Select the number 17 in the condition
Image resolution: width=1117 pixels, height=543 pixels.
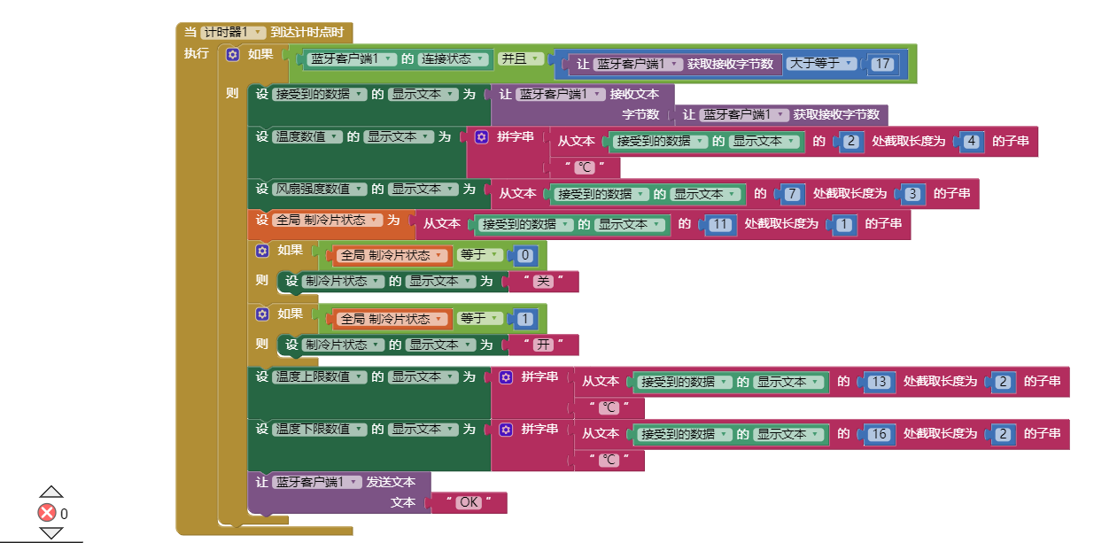881,64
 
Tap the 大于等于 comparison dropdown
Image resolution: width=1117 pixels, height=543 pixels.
823,64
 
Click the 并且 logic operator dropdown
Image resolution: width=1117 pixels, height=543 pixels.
520,59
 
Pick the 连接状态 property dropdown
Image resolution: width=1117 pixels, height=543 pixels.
454,59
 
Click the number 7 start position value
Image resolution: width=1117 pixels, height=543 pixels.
792,194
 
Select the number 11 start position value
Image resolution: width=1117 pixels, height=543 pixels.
720,225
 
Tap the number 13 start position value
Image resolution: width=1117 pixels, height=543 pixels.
878,382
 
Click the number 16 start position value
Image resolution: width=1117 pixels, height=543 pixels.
878,435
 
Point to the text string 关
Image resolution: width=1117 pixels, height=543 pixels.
544,282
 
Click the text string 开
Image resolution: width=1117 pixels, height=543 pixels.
544,345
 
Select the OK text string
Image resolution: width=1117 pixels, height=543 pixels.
469,502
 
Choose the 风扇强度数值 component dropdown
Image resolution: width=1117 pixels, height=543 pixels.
320,190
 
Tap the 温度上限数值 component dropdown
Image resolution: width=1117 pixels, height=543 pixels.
320,377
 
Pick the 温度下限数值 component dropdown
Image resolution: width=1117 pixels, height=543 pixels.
320,430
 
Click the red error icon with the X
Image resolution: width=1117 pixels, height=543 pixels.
47,513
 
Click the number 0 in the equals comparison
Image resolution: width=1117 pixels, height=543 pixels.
524,256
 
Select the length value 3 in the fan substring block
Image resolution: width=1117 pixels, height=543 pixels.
912,194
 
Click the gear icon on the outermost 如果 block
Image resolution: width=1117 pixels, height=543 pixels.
233,55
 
